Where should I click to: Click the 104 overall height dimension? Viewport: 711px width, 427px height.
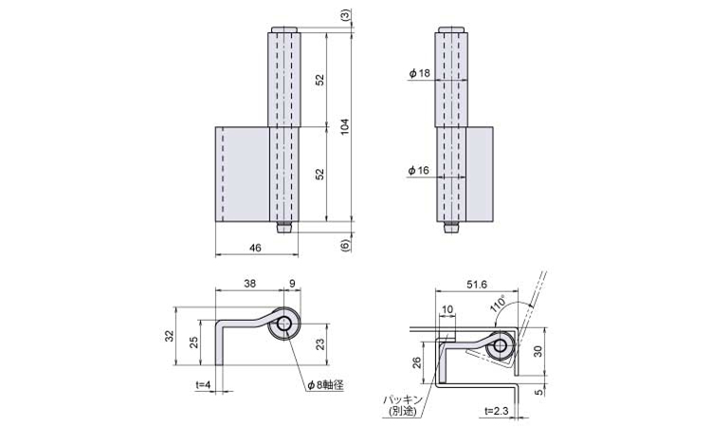click(345, 126)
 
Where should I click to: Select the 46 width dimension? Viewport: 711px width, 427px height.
click(255, 248)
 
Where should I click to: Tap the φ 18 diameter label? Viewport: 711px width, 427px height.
click(419, 73)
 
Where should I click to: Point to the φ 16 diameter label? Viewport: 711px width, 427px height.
click(418, 170)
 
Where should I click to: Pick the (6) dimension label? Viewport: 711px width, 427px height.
click(345, 245)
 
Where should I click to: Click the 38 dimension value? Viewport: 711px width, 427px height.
click(250, 284)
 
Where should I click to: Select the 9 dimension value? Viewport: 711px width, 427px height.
click(292, 284)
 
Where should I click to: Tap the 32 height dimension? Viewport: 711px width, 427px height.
click(169, 336)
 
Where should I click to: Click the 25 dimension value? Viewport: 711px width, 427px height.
click(193, 343)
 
